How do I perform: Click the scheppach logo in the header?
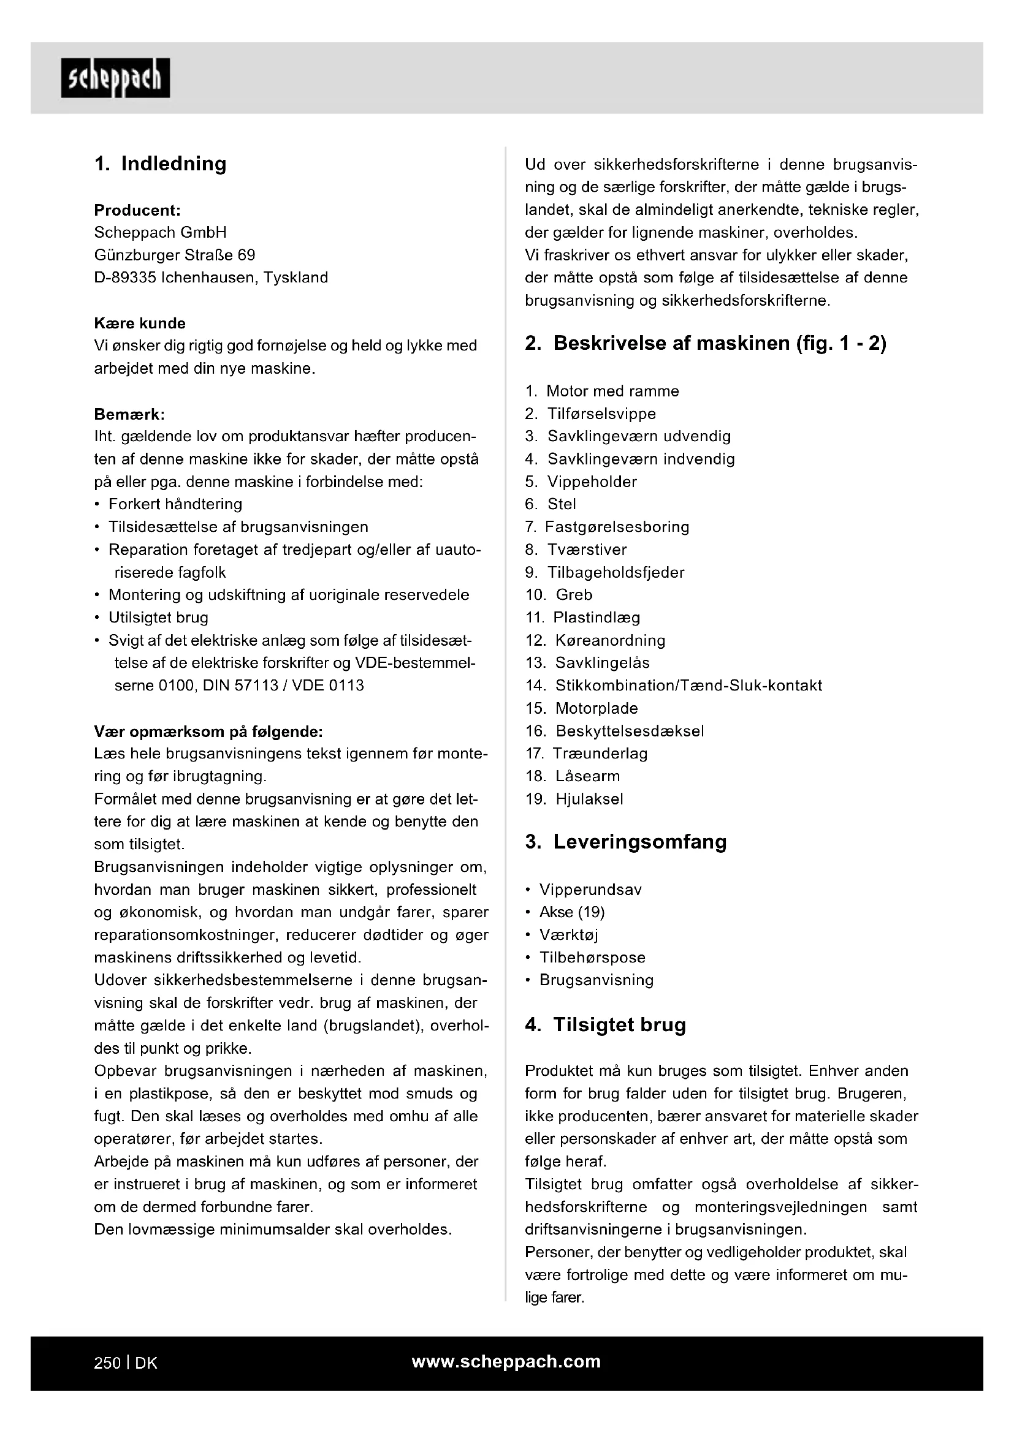(115, 78)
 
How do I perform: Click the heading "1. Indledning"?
(161, 164)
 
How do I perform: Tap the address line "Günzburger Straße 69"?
(174, 255)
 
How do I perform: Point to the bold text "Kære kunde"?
(140, 323)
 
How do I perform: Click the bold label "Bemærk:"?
(129, 414)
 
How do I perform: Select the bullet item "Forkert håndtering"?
(175, 504)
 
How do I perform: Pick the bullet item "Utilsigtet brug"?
(158, 618)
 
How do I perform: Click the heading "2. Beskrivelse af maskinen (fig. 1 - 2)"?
(706, 343)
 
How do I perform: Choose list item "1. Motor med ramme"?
(602, 391)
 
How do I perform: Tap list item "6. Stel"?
(551, 504)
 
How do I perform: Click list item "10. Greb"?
(559, 595)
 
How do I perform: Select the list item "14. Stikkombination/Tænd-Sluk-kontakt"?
(674, 686)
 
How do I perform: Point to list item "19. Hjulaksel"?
(574, 799)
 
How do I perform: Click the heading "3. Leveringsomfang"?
(626, 842)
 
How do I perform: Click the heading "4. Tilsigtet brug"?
(605, 1025)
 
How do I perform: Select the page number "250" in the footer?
(107, 1363)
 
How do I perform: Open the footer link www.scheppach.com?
(506, 1362)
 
